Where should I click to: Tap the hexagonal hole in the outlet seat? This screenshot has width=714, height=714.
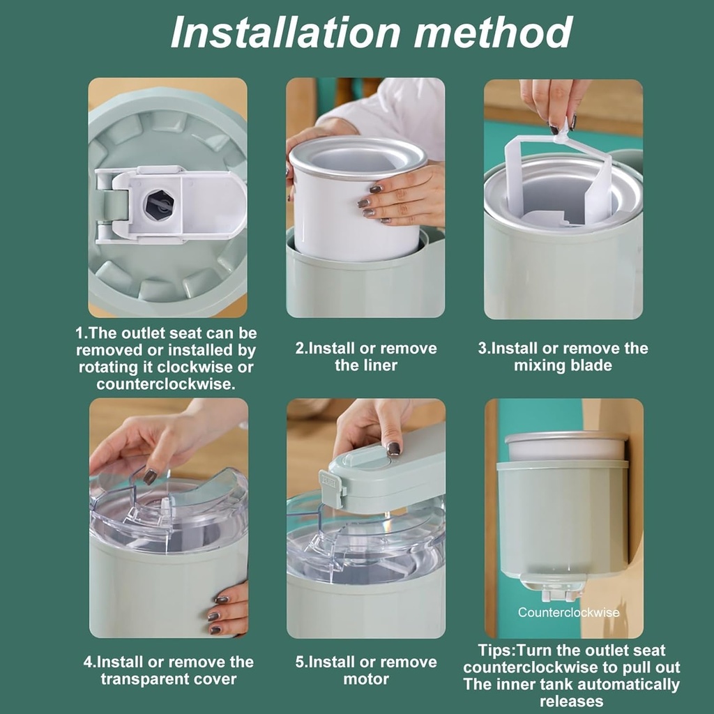tap(159, 204)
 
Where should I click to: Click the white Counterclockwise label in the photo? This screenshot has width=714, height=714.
tap(568, 612)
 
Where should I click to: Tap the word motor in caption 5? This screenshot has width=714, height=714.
tap(366, 678)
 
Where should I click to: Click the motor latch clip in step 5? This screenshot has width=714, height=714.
tap(329, 488)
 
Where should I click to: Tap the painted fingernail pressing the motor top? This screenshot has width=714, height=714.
tap(394, 448)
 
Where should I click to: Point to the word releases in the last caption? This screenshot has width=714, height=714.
tap(572, 701)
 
